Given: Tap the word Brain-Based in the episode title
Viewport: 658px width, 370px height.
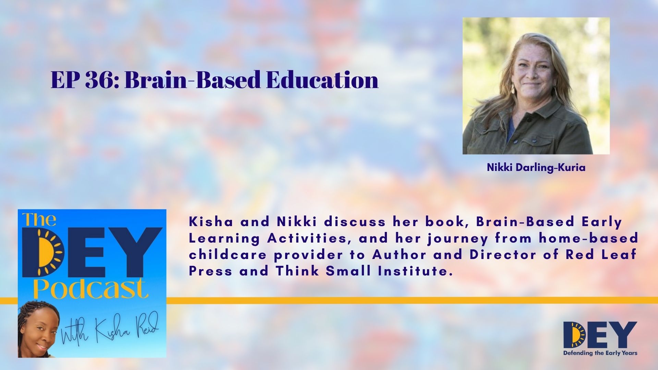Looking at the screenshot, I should tap(193, 80).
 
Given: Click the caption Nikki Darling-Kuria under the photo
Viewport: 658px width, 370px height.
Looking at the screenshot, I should tap(536, 168).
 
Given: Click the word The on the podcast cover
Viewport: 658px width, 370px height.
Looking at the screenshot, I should tap(39, 220).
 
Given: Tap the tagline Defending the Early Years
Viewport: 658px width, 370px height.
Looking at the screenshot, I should tap(600, 353).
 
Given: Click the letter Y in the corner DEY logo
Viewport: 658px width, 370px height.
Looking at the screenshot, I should tap(624, 335).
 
